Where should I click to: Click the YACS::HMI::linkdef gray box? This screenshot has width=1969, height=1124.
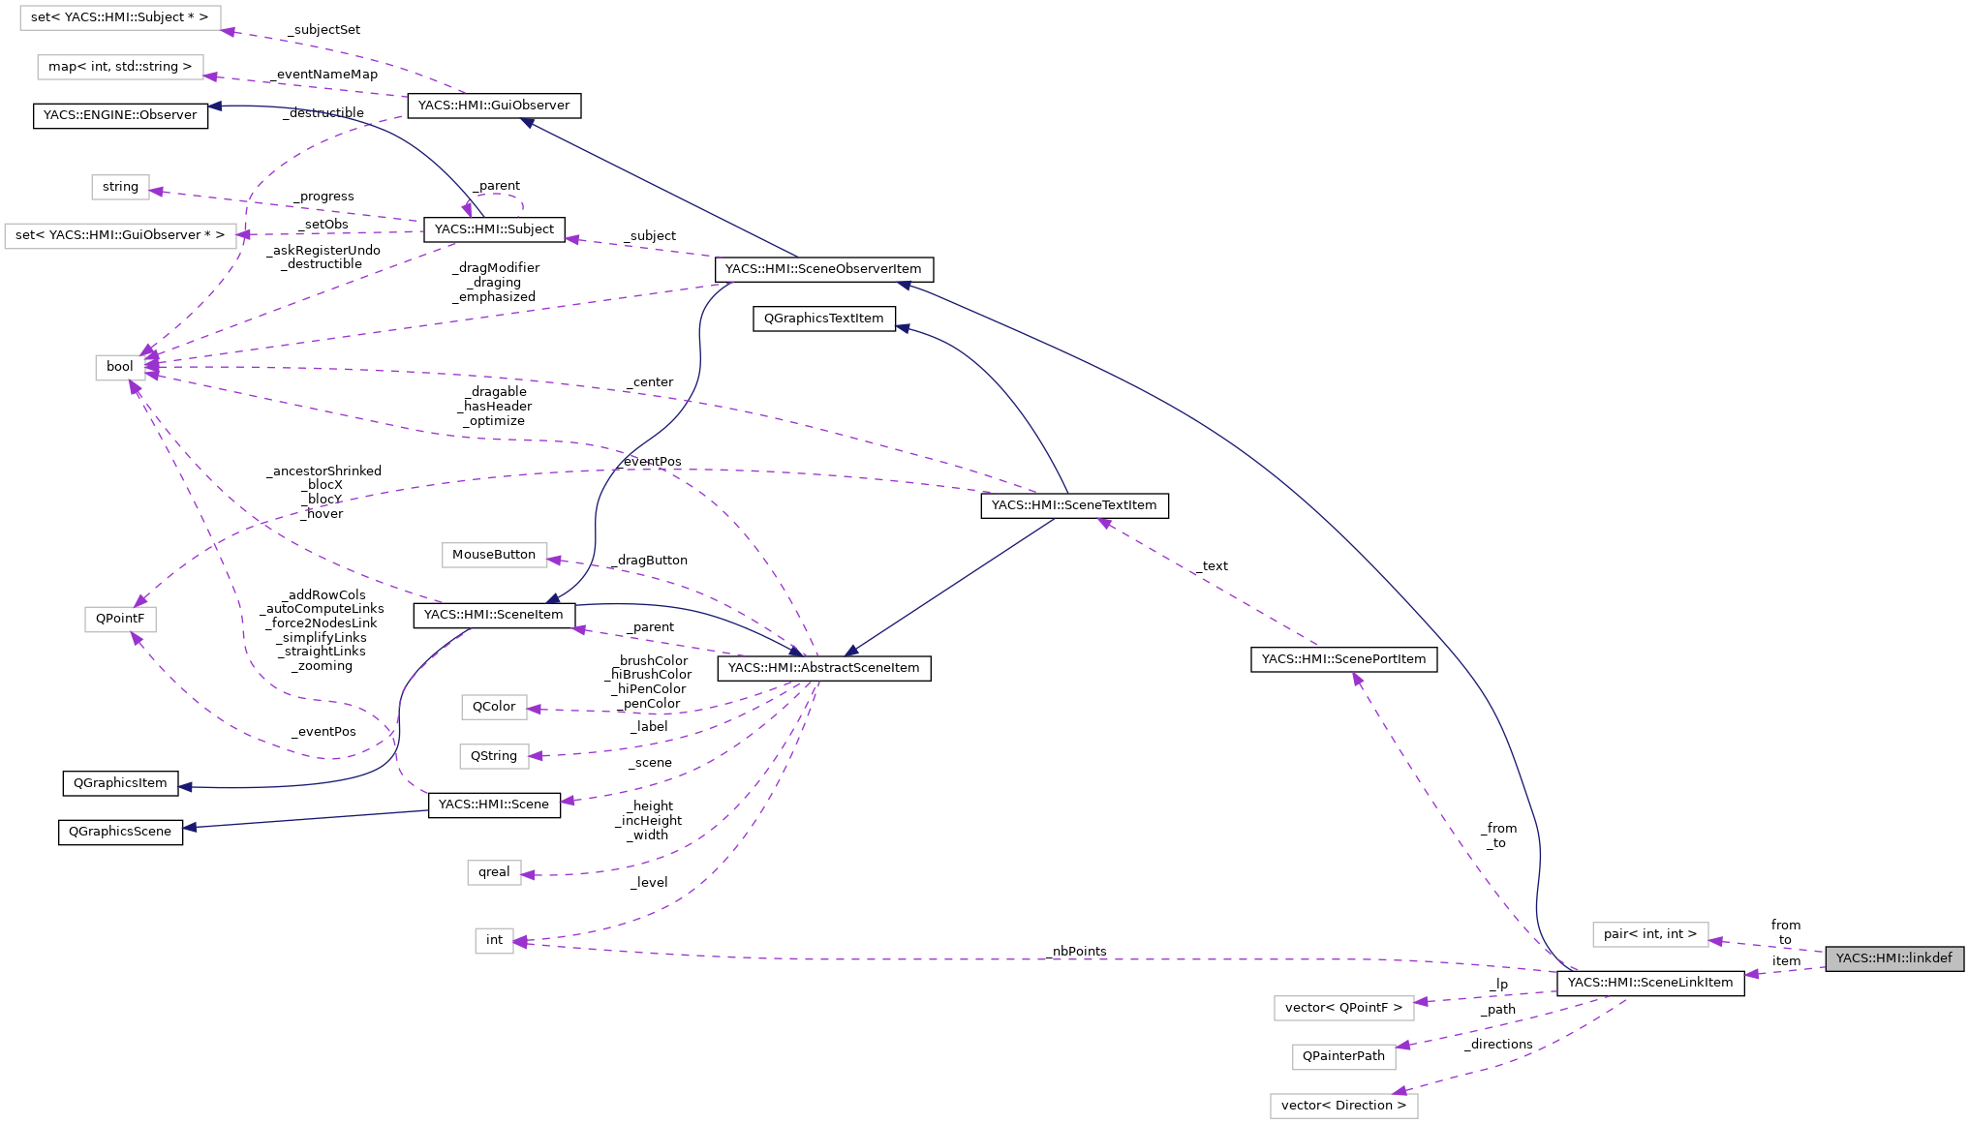click(1893, 958)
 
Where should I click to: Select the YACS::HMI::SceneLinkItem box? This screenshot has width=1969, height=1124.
click(1649, 983)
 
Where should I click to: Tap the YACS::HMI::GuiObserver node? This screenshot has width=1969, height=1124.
click(494, 106)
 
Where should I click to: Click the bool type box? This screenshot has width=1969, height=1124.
click(120, 367)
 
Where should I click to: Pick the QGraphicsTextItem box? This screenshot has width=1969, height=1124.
click(823, 319)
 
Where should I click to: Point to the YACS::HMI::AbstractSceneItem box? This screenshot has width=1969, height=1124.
click(823, 668)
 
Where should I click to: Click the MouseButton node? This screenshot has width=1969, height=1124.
click(494, 555)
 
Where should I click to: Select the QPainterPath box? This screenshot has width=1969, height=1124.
click(1343, 1056)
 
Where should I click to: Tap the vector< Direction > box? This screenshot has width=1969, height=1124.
click(1343, 1106)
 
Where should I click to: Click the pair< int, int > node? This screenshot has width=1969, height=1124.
click(1649, 934)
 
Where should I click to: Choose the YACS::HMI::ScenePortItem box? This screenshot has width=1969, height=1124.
click(1343, 659)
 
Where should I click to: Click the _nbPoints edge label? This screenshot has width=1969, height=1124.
click(1079, 952)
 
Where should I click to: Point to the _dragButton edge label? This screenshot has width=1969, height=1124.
click(652, 561)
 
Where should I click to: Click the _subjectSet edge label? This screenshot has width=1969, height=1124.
click(325, 30)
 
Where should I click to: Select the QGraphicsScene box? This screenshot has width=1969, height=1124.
click(120, 832)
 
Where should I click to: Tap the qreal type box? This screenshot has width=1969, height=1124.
click(494, 872)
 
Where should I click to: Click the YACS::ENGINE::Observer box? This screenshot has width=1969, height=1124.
click(120, 115)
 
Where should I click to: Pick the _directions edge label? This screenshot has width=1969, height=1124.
click(1499, 1045)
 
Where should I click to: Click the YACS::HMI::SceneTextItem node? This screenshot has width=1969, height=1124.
click(1074, 505)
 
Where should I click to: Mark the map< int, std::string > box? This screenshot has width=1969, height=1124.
click(120, 67)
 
